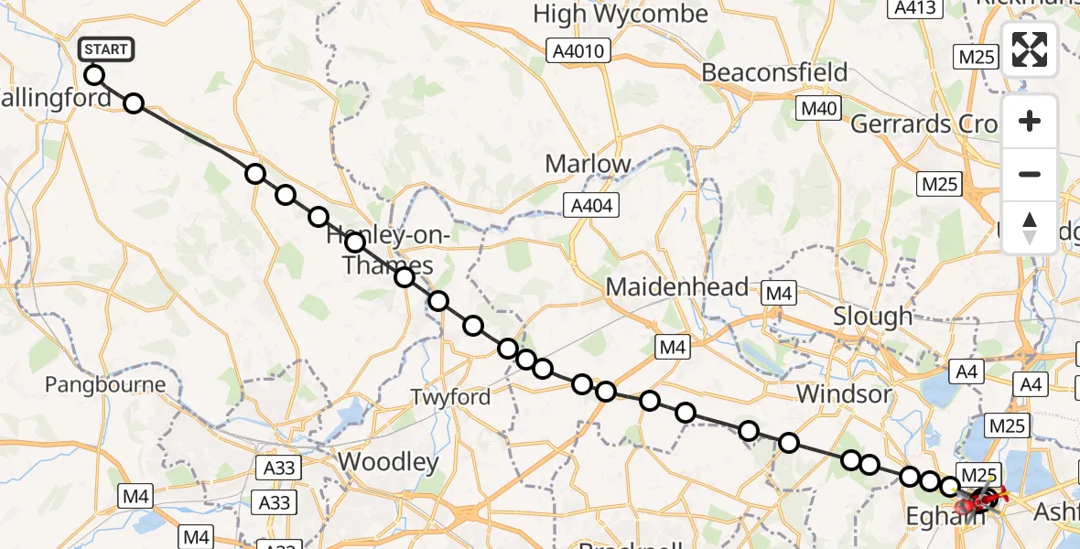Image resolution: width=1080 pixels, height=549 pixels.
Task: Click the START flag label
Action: pos(107,49)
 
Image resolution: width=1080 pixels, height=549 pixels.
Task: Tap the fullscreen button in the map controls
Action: pos(1030,49)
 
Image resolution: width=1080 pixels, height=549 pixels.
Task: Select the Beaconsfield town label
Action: pos(774,72)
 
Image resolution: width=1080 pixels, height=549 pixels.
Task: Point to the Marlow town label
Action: pos(589,164)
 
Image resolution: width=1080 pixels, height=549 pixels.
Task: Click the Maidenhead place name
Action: pos(677,287)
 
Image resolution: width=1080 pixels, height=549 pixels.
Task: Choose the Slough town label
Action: pos(872,317)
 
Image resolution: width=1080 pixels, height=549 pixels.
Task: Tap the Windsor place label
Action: pos(844,394)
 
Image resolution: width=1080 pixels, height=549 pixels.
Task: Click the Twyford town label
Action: pos(451,397)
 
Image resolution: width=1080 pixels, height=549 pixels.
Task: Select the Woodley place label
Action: pos(389,462)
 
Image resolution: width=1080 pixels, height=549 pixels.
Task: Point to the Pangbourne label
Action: pos(106,384)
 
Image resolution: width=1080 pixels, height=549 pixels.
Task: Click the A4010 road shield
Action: pos(578,51)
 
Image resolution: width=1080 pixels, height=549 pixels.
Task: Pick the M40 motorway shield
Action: pos(818,110)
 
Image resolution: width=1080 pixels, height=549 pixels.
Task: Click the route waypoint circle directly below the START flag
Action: pos(93,75)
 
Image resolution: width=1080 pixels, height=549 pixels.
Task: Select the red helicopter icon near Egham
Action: pos(972,501)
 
